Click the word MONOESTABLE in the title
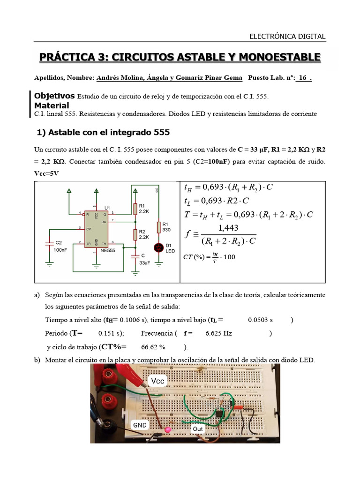pos(280,57)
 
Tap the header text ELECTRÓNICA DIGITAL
pos(287,37)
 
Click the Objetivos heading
pos(54,96)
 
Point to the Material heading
pos(52,105)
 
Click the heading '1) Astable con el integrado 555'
pos(103,133)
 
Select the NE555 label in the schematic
pos(108,251)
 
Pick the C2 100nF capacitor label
pos(59,246)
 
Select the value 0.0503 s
pos(260,320)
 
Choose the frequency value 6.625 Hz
pos(218,334)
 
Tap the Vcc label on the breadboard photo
pos(157,381)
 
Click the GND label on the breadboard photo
pos(140,425)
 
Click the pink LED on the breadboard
pos(168,429)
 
